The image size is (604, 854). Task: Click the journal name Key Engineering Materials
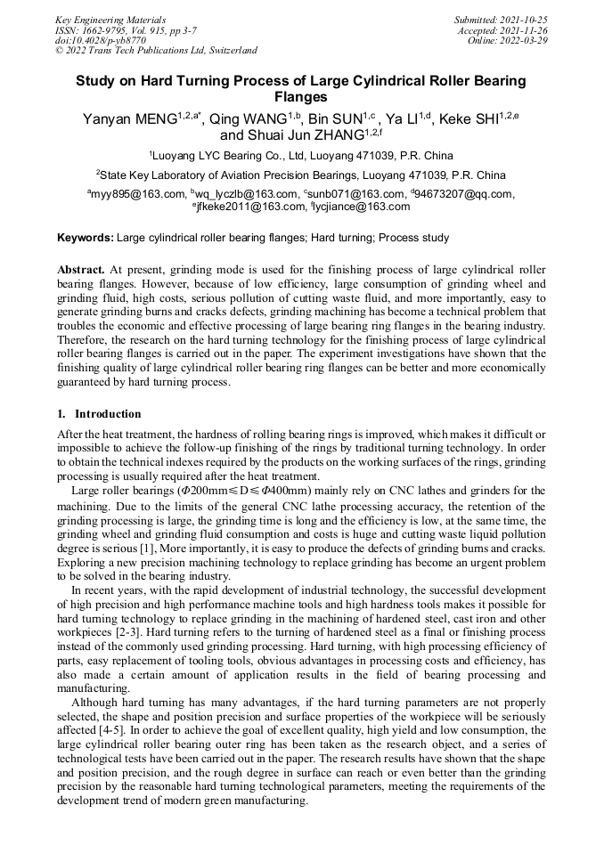110,19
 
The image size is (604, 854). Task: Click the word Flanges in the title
300,97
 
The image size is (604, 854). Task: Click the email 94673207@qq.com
463,194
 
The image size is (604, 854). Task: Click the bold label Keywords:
86,238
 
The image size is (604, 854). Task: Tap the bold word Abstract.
81,269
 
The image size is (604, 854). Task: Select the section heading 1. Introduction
99,414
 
